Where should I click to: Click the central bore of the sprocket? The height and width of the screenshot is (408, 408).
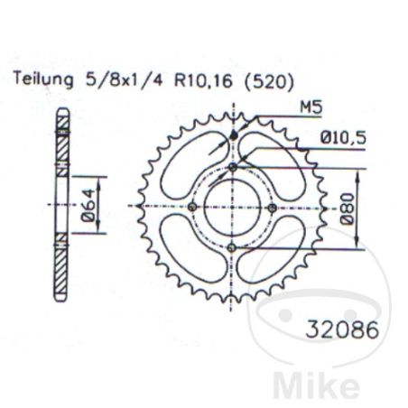point(232,208)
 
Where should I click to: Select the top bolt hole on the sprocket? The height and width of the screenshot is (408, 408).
point(232,168)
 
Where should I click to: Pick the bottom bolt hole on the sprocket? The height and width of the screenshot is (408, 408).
point(232,247)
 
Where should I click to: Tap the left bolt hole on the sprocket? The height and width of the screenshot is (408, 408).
point(192,208)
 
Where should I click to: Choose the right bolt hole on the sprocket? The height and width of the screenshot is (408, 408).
point(272,208)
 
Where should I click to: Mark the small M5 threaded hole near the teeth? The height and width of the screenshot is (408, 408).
point(233,135)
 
